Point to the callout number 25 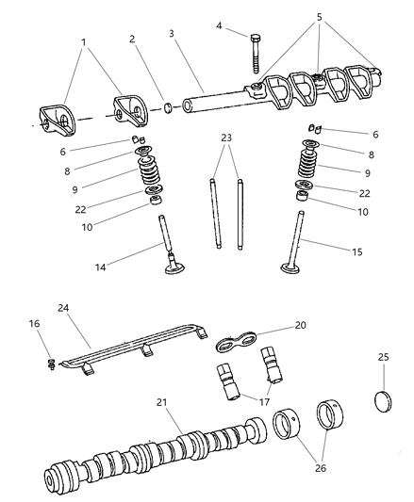coord(384,359)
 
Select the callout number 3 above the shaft coord(171,34)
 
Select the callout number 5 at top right coord(319,16)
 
